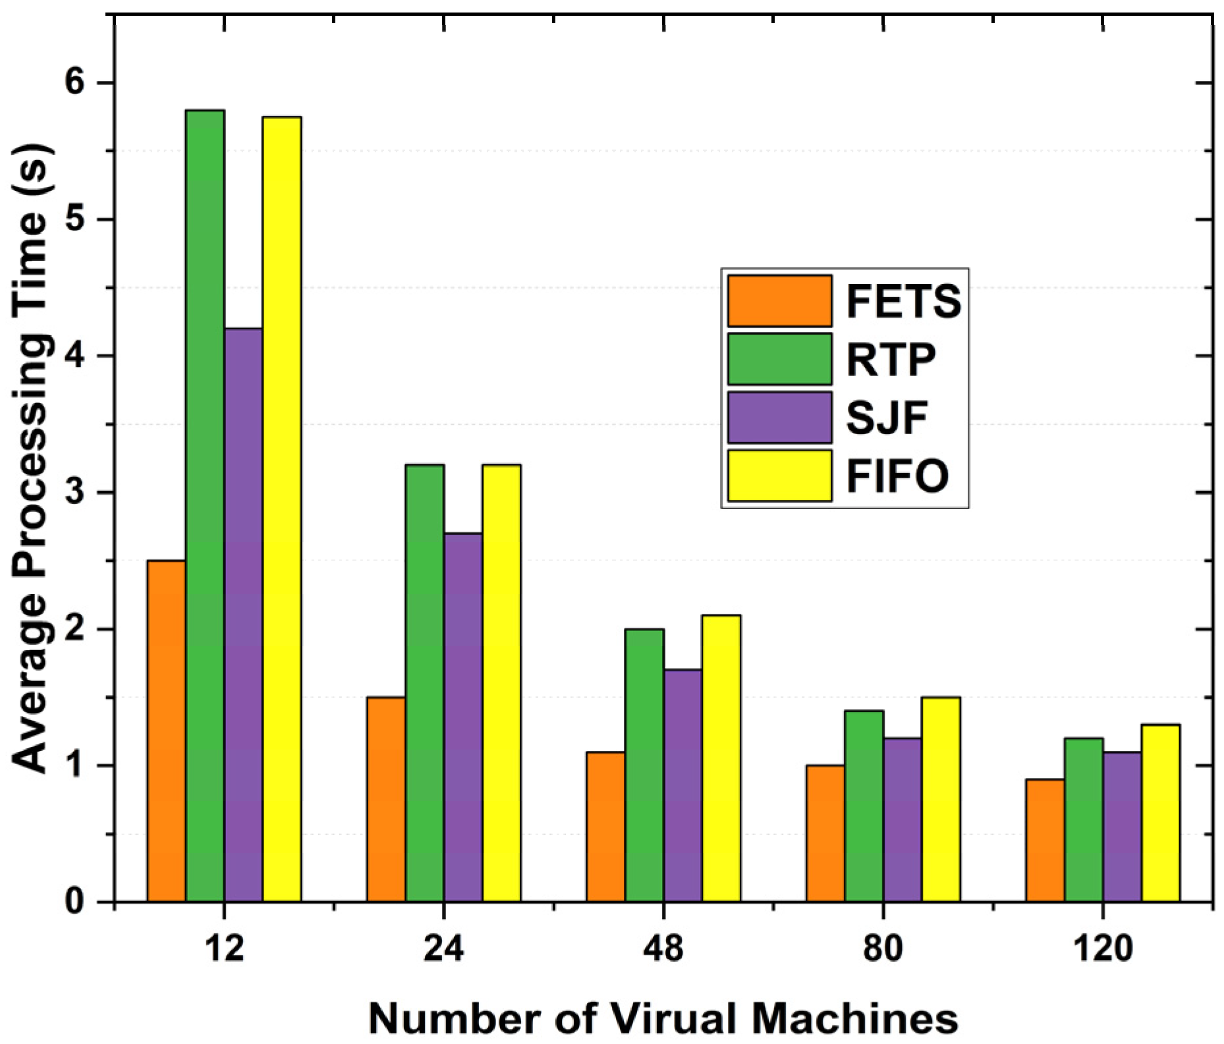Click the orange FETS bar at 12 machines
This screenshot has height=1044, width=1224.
click(x=166, y=731)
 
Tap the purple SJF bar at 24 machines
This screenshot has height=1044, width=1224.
click(x=463, y=717)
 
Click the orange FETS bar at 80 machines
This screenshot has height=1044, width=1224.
click(x=825, y=833)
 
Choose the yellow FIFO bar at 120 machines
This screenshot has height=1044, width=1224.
click(x=1161, y=813)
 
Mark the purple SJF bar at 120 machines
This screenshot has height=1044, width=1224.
click(x=1123, y=827)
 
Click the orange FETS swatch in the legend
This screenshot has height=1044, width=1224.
click(x=779, y=301)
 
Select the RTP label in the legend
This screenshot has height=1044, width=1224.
click(x=891, y=360)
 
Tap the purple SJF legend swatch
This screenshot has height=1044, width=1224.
click(x=779, y=418)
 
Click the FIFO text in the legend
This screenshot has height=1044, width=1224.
click(x=897, y=476)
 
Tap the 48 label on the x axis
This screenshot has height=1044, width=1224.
click(x=663, y=949)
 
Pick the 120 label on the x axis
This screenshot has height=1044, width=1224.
click(x=1103, y=949)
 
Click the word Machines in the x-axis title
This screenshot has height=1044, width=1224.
click(x=854, y=1018)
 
